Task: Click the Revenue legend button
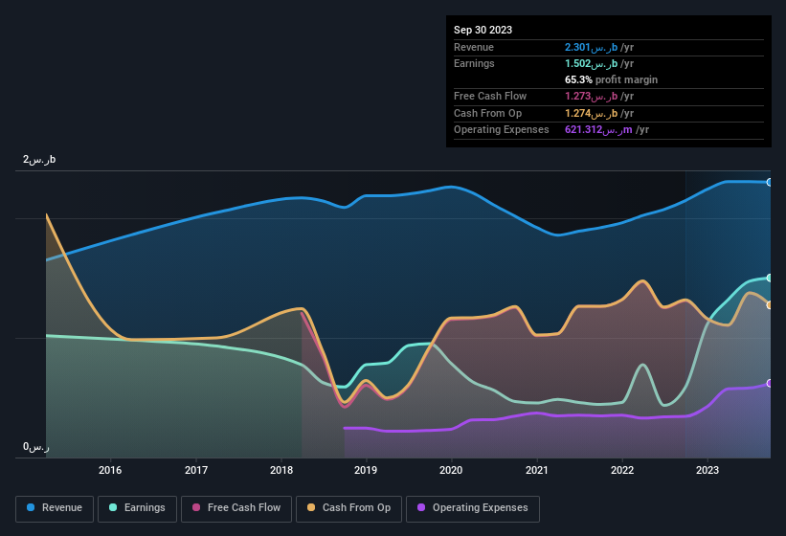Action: coord(55,508)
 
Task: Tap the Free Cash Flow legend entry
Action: coord(236,508)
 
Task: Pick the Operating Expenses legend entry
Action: coord(473,508)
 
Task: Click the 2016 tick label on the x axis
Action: coord(110,470)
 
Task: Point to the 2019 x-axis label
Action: coord(366,470)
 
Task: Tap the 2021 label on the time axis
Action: coord(536,470)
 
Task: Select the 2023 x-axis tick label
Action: coord(707,470)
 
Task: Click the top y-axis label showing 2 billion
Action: coord(39,160)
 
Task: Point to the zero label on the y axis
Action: coord(36,447)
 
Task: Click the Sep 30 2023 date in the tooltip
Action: coord(483,30)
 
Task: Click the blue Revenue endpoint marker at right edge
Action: coord(770,182)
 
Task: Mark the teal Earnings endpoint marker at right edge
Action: coord(770,278)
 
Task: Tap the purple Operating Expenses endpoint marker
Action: coord(770,383)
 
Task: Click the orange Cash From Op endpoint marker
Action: coord(770,305)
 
